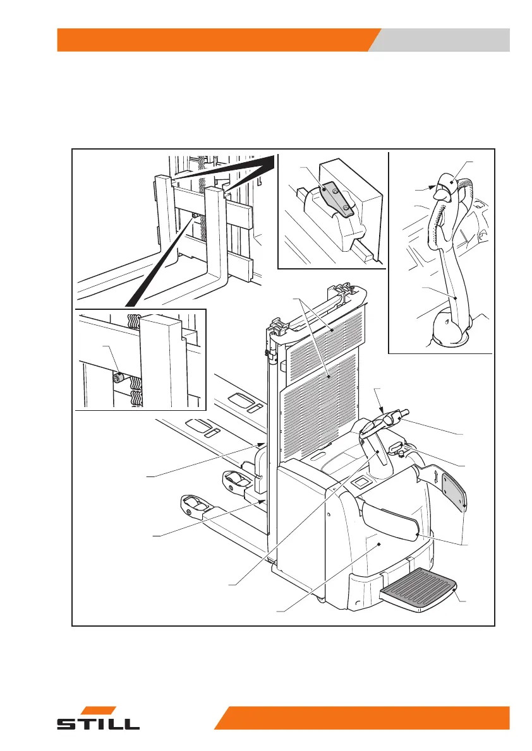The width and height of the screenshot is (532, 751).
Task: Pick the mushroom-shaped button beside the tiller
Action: pyautogui.click(x=397, y=447)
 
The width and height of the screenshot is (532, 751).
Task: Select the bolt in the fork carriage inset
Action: pyautogui.click(x=117, y=379)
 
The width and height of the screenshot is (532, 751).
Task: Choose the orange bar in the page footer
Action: pyautogui.click(x=363, y=718)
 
